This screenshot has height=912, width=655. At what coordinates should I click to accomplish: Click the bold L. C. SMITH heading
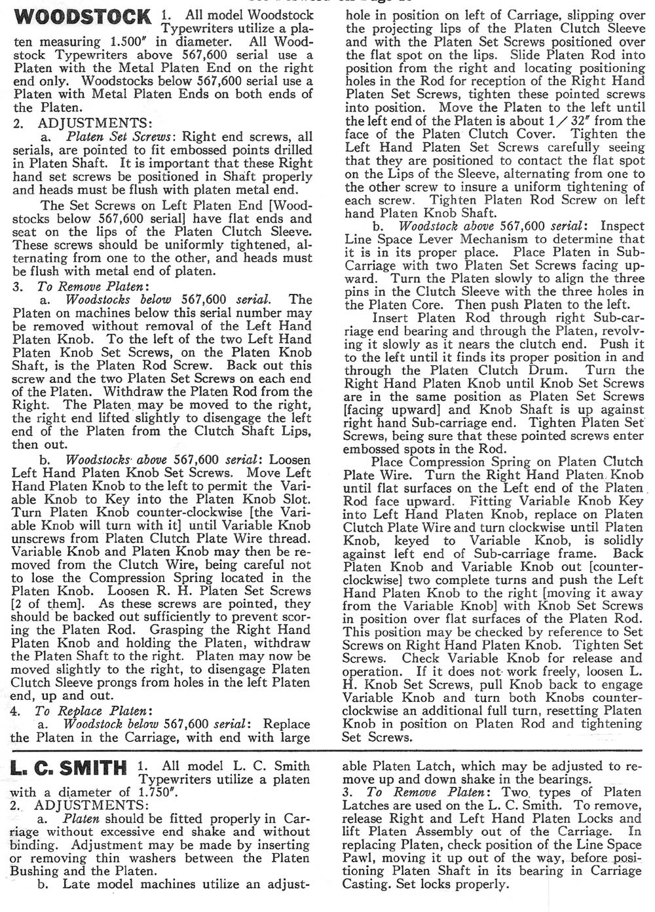click(x=69, y=767)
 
